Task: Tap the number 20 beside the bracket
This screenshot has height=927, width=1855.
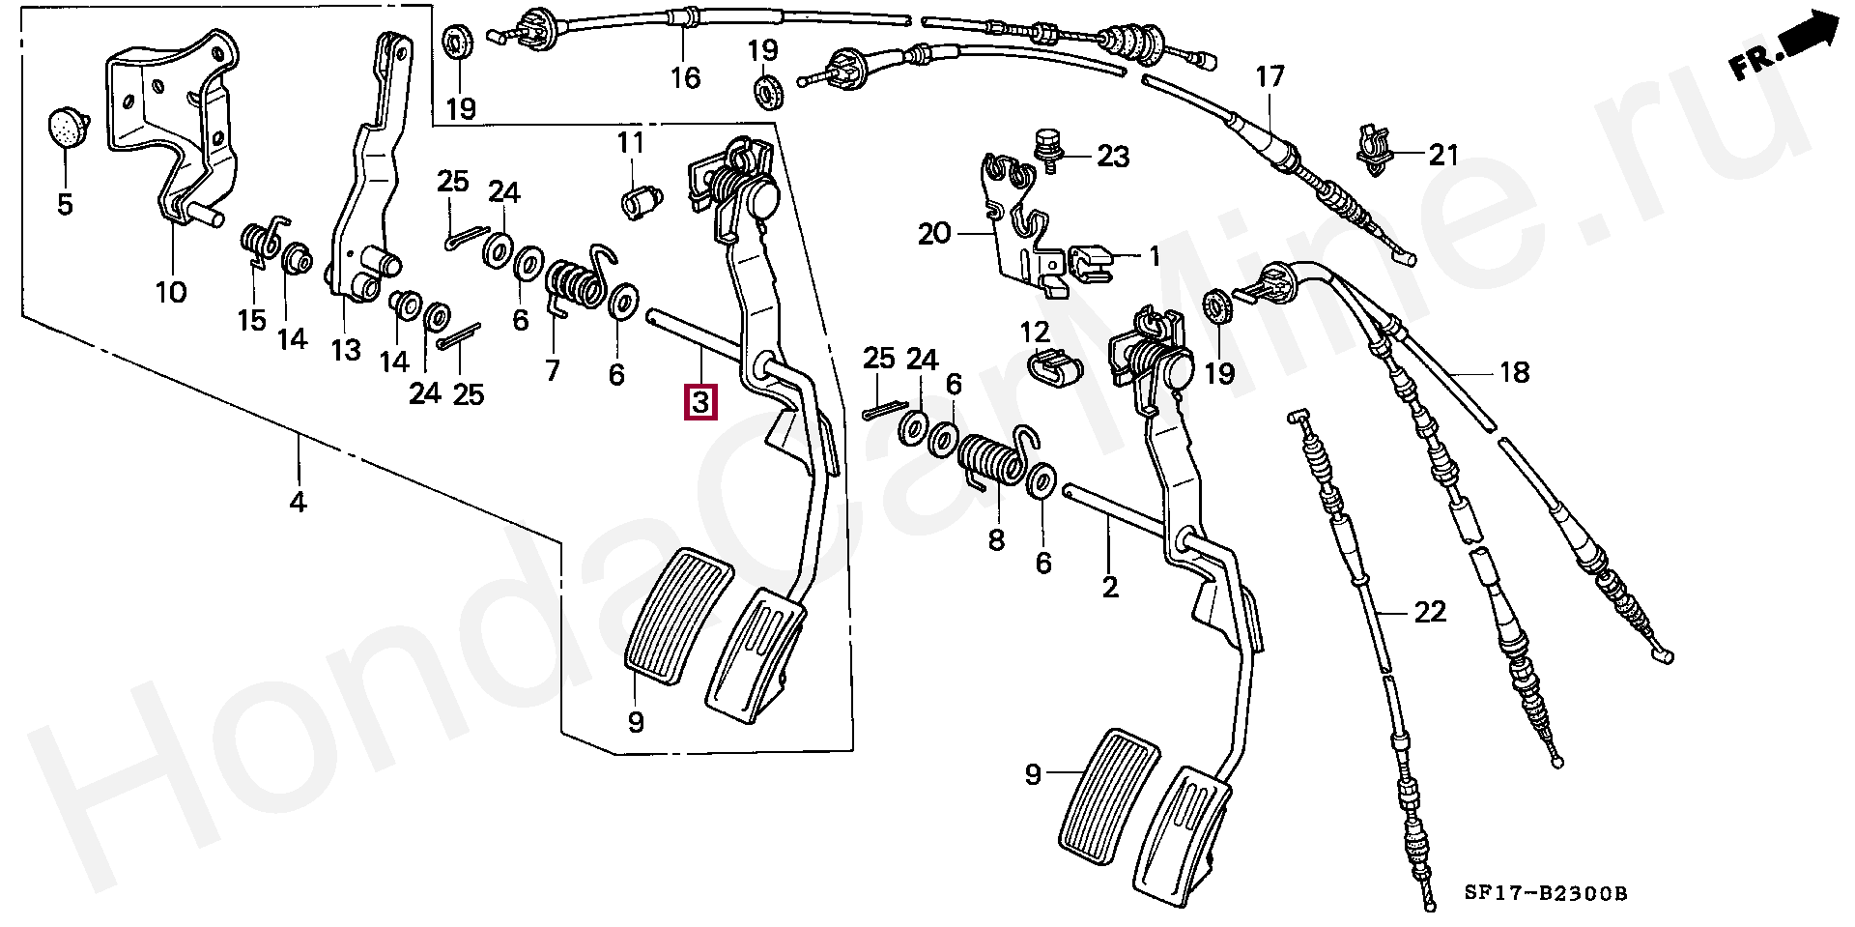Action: click(x=934, y=234)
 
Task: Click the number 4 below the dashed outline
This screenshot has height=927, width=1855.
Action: click(x=298, y=503)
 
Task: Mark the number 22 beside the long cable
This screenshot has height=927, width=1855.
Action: click(x=1430, y=611)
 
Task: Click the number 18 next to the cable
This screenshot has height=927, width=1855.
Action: click(x=1514, y=371)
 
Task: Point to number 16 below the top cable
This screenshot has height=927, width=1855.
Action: click(x=685, y=77)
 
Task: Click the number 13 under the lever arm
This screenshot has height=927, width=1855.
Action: click(x=345, y=350)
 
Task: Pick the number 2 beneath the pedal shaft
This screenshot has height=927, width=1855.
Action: click(x=1110, y=586)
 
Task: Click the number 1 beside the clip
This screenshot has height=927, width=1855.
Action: click(x=1154, y=255)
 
